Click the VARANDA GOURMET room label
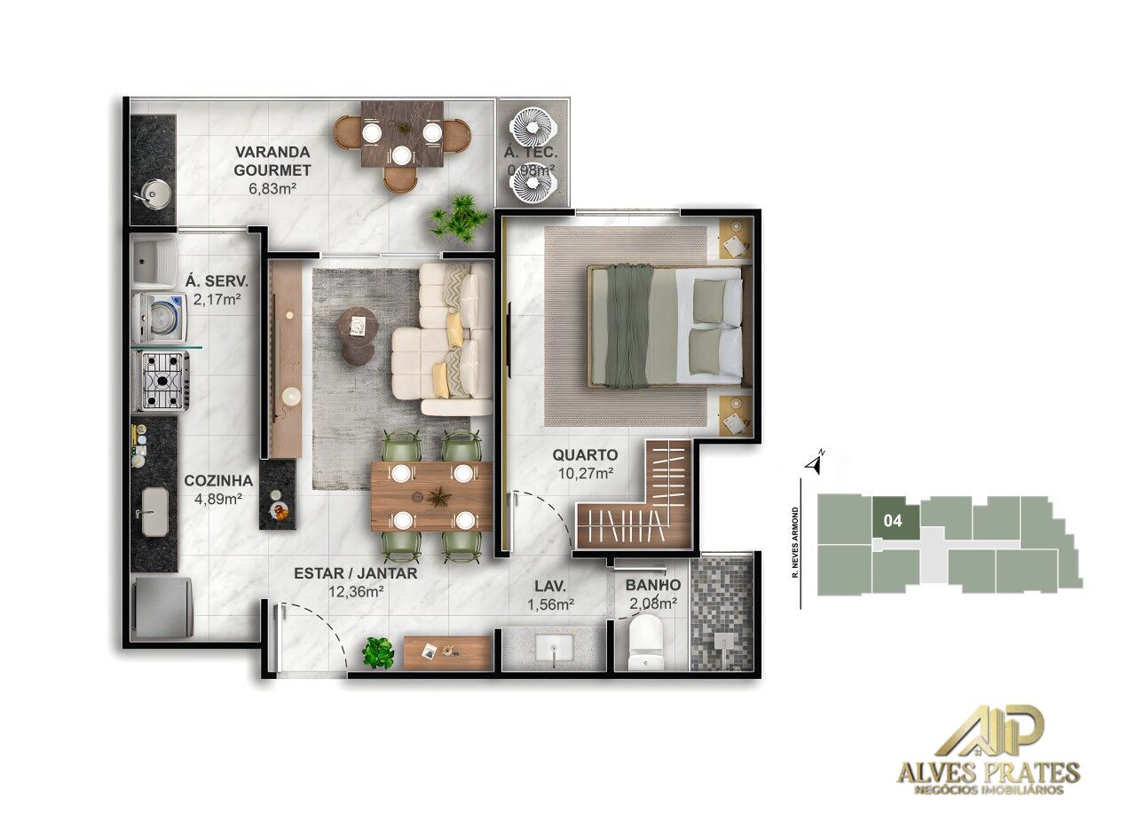[x=272, y=160]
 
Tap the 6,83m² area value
[x=272, y=188]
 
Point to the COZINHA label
[x=218, y=481]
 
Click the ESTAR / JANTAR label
[x=355, y=573]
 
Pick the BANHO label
[x=653, y=586]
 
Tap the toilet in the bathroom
[x=644, y=643]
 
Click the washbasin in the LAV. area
[x=555, y=651]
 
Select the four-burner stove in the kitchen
[x=162, y=380]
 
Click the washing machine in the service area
[x=160, y=317]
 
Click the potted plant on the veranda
[x=458, y=217]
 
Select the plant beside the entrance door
[x=378, y=652]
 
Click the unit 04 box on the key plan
[x=894, y=520]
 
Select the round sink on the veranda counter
[x=154, y=191]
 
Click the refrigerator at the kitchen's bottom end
[x=162, y=608]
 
